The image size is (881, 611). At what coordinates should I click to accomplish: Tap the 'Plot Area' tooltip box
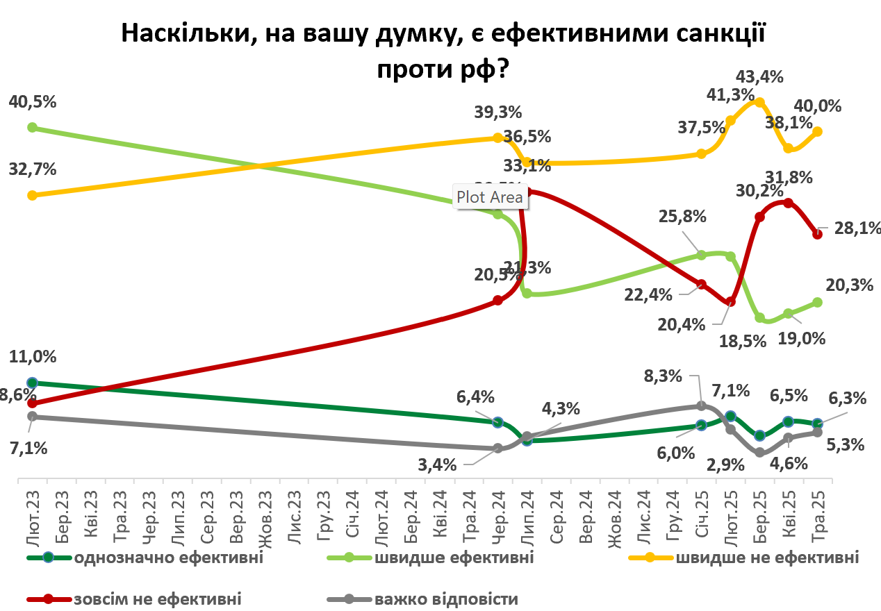point(490,197)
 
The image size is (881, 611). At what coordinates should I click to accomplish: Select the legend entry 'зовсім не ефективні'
point(157,599)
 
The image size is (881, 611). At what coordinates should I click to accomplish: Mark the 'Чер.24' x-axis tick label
point(497,513)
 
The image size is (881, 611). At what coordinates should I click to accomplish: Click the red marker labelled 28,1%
point(818,234)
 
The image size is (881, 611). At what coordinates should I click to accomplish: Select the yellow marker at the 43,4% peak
point(759,102)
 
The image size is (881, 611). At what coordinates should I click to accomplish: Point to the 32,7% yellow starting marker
point(32,195)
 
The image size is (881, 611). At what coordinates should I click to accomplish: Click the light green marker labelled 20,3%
point(818,302)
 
